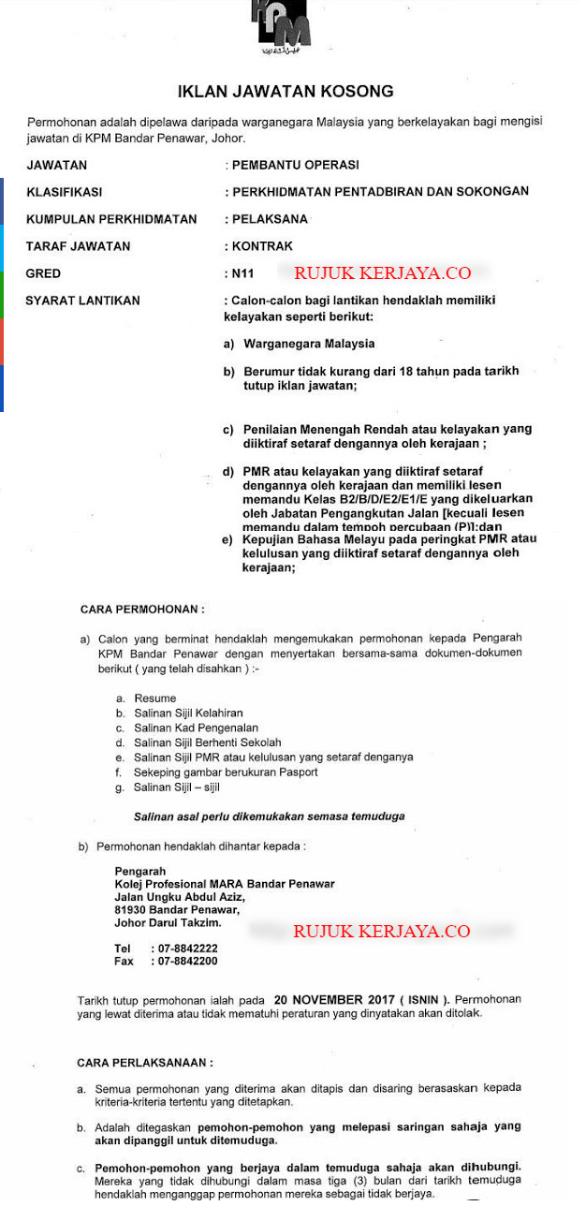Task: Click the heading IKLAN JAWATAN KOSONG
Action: tap(286, 92)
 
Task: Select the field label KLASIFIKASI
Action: tap(65, 192)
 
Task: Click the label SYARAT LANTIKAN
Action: tap(82, 301)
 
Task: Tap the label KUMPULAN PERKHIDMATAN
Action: tap(111, 219)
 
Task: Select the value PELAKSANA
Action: tap(270, 219)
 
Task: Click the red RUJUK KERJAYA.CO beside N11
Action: tap(382, 273)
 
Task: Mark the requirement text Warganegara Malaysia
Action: tap(309, 344)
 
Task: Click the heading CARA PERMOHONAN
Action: tap(142, 610)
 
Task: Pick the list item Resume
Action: tap(154, 699)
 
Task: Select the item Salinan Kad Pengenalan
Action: tap(196, 728)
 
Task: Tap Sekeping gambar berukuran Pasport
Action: tap(226, 772)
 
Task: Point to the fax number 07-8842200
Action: tap(187, 962)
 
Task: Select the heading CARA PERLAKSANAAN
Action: tap(145, 1063)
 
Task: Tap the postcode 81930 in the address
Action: tap(131, 909)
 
